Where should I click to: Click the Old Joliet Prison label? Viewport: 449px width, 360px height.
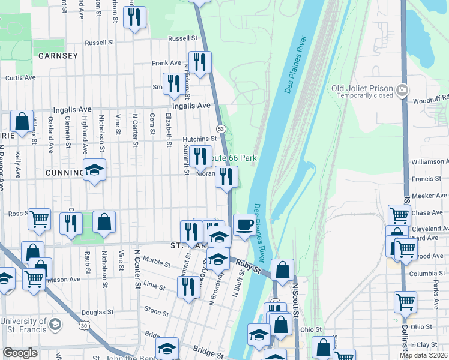coord(363,89)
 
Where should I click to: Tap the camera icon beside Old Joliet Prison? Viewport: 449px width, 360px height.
coord(402,91)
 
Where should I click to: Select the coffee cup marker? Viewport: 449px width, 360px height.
coord(244,224)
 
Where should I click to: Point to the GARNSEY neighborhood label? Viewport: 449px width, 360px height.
coord(58,56)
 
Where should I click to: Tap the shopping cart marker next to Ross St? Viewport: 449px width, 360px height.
coord(40,220)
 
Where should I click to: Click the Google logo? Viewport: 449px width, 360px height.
coord(20,353)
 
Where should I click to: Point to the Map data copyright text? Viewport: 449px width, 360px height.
coord(423,355)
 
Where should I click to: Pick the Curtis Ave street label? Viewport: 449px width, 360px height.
coord(21,78)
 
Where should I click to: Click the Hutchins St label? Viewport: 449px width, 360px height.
coord(199,139)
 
